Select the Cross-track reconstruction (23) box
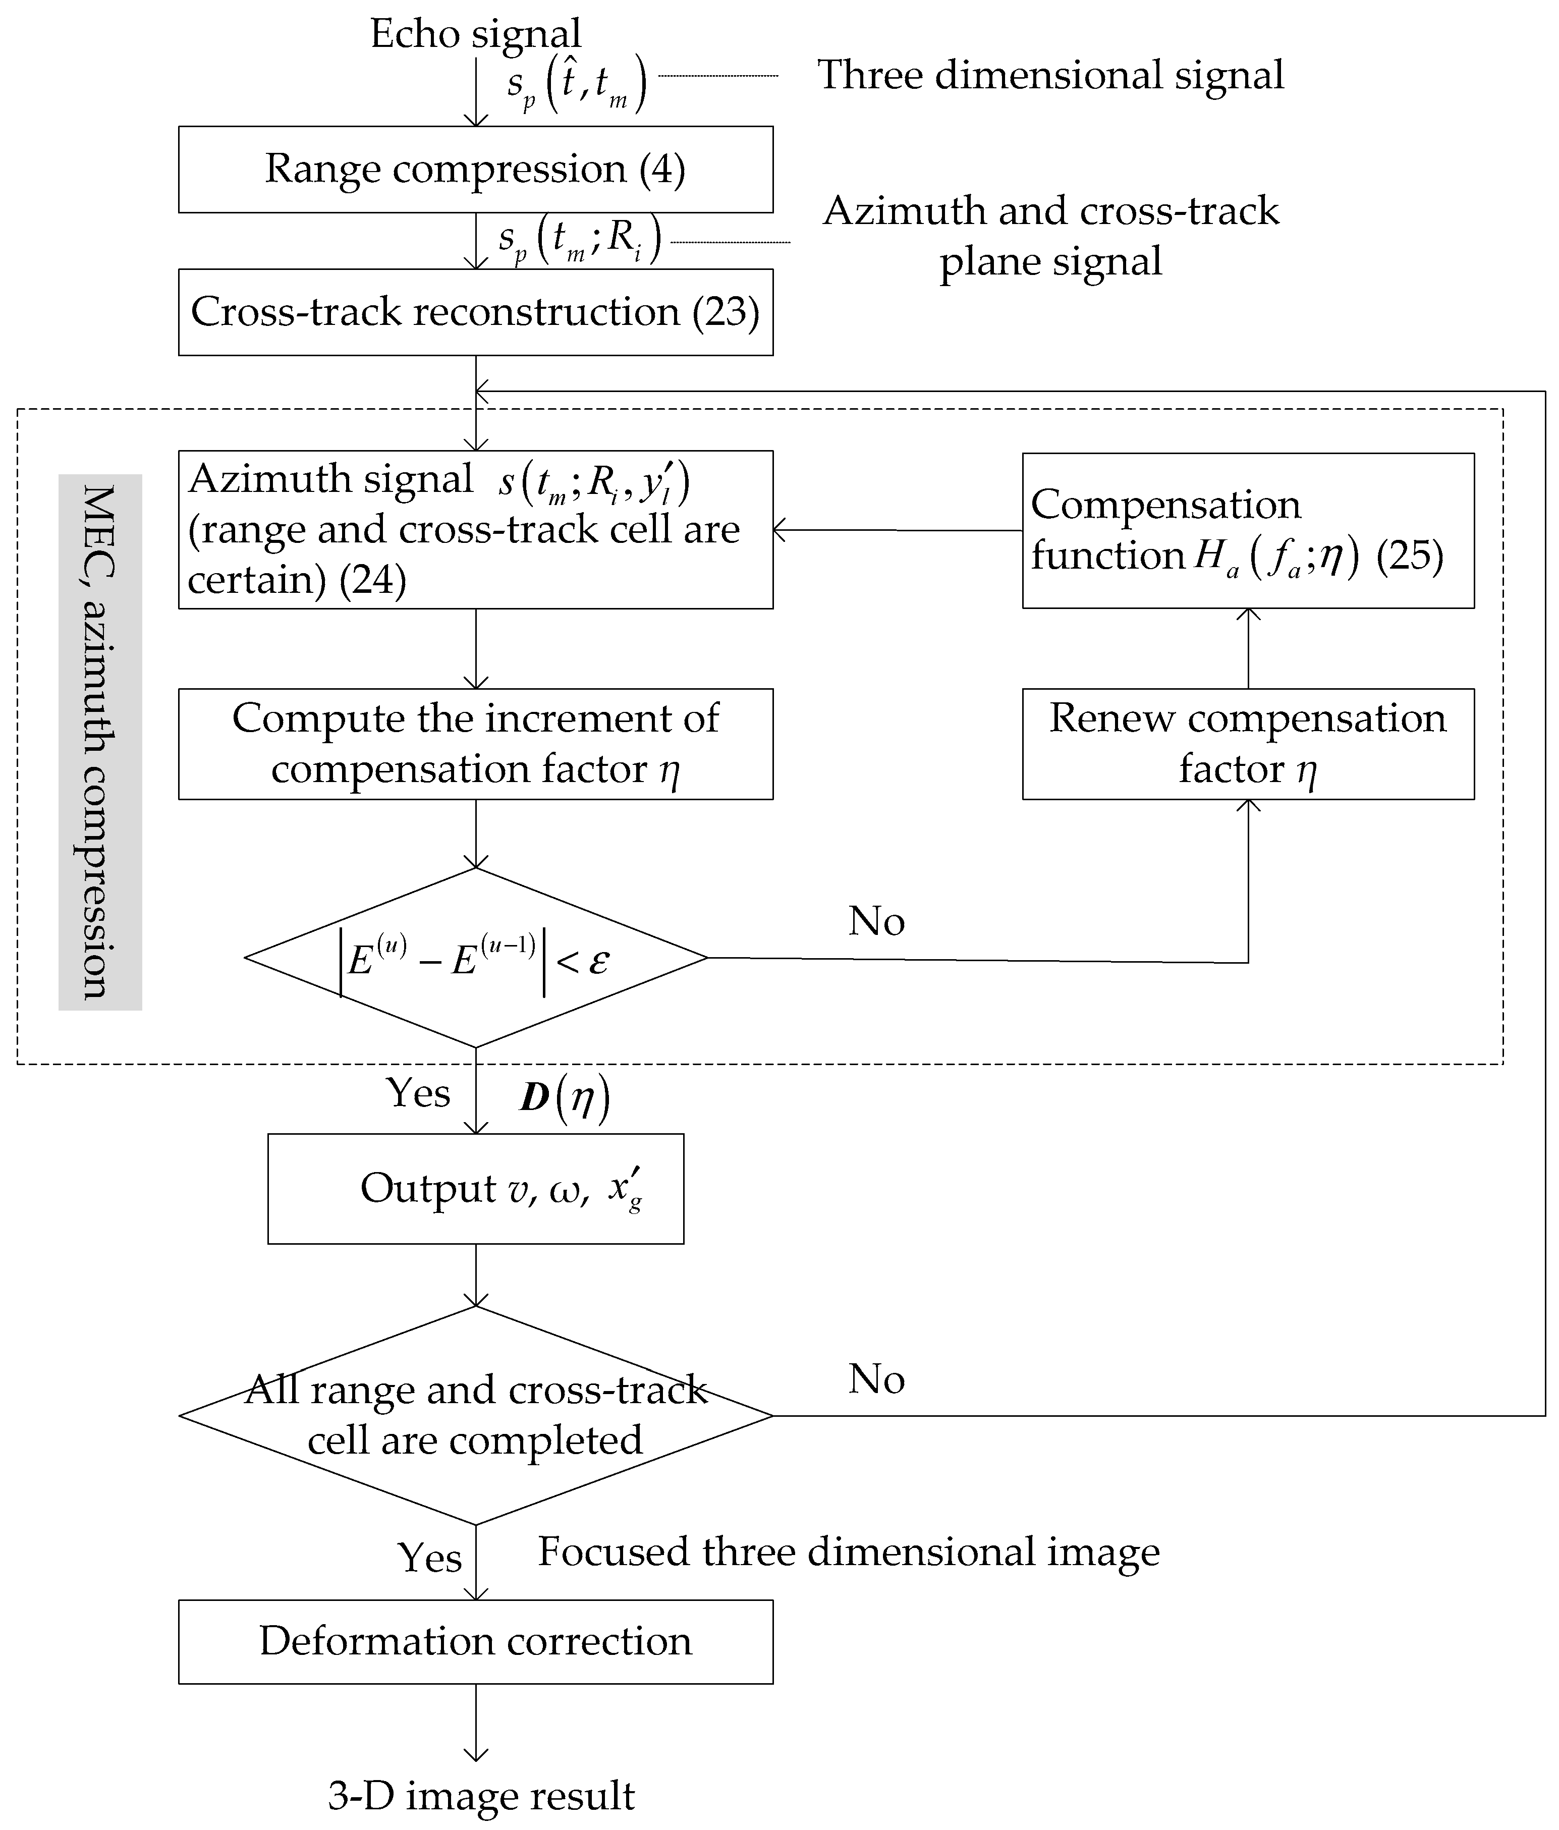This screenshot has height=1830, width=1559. pos(475,312)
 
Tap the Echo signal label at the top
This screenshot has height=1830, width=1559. pos(475,34)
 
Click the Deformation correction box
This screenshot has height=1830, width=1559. pos(475,1641)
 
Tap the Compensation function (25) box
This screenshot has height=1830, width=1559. pos(1247,530)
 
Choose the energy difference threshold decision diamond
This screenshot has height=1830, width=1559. pos(475,958)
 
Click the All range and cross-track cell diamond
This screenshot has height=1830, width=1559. pos(475,1415)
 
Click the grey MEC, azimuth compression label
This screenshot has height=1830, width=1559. pos(100,742)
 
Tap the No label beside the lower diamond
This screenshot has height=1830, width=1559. pos(876,1379)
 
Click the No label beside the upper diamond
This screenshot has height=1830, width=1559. pos(876,921)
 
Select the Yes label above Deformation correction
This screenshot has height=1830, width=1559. pos(429,1557)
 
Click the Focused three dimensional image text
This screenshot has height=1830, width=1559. pos(848,1552)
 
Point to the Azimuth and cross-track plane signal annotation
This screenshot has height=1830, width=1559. pos(1049,236)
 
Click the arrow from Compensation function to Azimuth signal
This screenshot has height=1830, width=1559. pos(897,530)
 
